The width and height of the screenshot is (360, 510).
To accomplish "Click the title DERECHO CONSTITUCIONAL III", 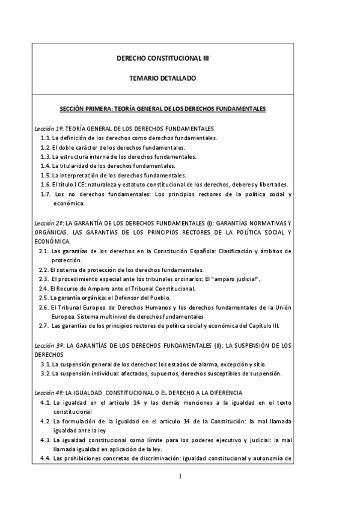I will pyautogui.click(x=162, y=59).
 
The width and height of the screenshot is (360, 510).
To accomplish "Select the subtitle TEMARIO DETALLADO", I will pyautogui.click(x=162, y=78).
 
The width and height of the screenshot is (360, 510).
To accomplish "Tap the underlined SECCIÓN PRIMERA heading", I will pyautogui.click(x=162, y=109).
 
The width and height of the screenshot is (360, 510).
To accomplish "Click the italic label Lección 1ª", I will pyautogui.click(x=48, y=129).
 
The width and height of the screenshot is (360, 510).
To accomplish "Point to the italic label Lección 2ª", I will pyautogui.click(x=48, y=223).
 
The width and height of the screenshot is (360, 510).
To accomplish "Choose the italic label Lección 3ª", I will pyautogui.click(x=48, y=345).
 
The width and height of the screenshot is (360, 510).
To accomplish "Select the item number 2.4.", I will pyautogui.click(x=43, y=289).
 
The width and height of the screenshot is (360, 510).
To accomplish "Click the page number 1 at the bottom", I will pyautogui.click(x=180, y=478).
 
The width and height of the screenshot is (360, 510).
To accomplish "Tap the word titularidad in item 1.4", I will pyautogui.click(x=75, y=166).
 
